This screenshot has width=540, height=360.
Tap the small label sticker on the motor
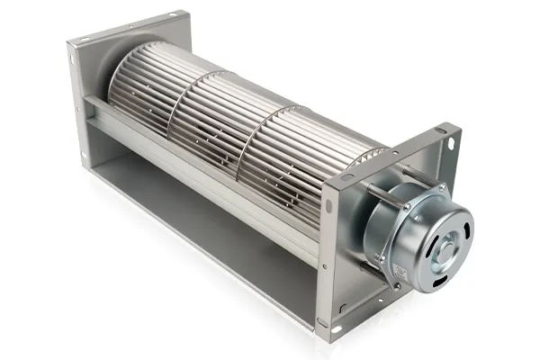point(387,262)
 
